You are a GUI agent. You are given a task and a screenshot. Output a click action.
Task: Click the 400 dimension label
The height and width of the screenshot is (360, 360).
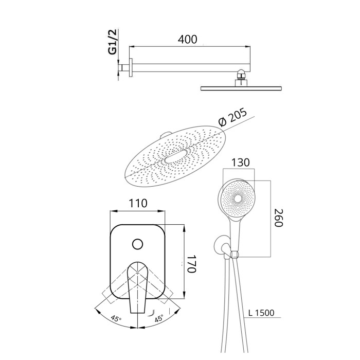(187, 39)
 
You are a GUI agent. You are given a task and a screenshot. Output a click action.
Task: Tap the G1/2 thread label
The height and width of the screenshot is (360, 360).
(113, 42)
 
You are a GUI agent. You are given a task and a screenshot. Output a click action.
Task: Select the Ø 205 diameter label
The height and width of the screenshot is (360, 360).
(232, 117)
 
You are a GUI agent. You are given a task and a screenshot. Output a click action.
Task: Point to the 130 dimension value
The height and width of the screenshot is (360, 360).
(240, 163)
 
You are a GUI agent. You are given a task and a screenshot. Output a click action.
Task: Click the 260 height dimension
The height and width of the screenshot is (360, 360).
(279, 218)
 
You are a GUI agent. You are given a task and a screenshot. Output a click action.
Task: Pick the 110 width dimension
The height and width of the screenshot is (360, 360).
(138, 203)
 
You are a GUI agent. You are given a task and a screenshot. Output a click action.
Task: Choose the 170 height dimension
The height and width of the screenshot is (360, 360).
(191, 263)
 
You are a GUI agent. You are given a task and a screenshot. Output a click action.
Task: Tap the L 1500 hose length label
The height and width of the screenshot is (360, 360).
(261, 313)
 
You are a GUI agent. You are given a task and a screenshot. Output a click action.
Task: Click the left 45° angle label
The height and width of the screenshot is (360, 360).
(116, 319)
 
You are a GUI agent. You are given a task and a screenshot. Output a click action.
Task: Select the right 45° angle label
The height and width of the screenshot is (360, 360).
(158, 318)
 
